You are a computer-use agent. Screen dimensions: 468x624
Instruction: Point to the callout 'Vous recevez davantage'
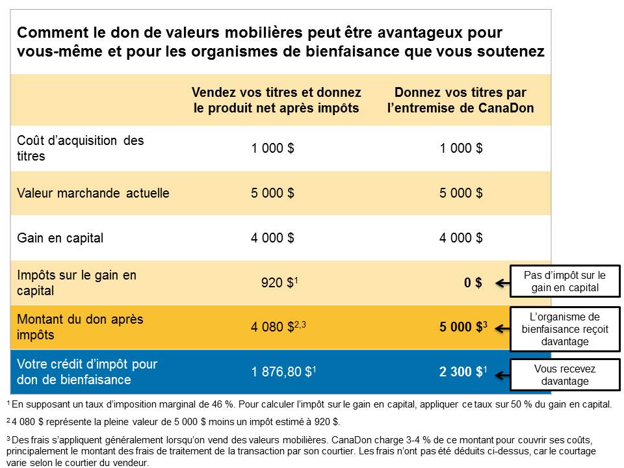(x=564, y=374)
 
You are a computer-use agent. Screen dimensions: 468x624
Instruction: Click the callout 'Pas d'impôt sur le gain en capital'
(x=564, y=281)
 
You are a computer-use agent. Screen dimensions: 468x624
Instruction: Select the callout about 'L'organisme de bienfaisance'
(x=564, y=329)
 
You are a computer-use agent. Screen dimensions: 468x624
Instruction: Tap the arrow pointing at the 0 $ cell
(x=503, y=283)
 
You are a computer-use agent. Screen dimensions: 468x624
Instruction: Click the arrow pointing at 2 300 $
(x=503, y=374)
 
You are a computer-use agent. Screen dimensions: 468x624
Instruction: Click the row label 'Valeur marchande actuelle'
(x=94, y=193)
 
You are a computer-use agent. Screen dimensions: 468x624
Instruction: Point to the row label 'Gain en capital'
(x=60, y=238)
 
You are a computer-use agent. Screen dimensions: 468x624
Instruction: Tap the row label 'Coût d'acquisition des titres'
(x=80, y=148)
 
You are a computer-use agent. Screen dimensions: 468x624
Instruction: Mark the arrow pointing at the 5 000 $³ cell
(x=503, y=329)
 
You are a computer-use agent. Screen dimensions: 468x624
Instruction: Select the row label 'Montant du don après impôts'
(x=80, y=328)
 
